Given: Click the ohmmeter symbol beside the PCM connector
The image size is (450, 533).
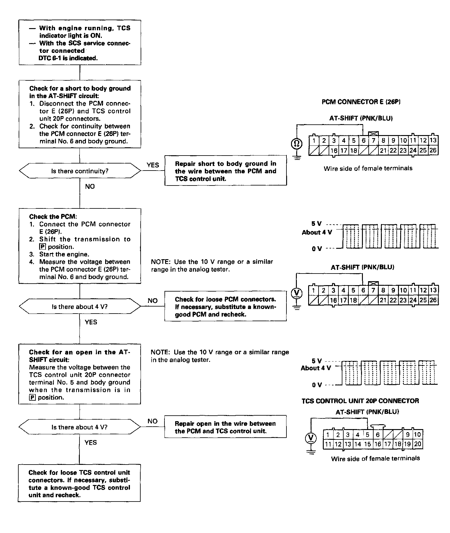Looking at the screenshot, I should point(296,143).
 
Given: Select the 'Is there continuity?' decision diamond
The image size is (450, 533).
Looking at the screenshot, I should point(80,171).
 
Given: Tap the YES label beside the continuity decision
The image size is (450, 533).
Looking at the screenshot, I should point(153,165).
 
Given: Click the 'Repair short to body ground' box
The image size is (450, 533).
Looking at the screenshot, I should point(226,171).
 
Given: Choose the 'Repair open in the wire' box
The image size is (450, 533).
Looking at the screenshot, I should point(226,427).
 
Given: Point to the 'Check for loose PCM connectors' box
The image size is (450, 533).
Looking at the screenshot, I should point(226,307).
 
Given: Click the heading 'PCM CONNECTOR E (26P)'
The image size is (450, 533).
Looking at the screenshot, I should point(361,102).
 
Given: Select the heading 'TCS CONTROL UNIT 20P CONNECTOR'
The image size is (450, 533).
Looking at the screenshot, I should point(360,401).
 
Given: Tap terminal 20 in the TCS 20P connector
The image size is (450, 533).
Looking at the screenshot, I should point(418,444).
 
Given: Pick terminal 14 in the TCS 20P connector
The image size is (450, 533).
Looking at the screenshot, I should point(357,444).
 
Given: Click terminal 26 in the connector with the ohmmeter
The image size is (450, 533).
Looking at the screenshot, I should point(433,150).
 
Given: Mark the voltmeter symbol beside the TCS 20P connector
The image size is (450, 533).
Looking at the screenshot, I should point(311,438).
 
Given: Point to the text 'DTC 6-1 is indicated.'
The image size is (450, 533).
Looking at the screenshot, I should point(68,58).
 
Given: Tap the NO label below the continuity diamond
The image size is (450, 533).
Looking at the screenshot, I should point(90,186).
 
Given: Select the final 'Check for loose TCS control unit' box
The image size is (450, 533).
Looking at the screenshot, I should point(79,483).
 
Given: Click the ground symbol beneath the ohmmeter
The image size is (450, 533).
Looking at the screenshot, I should point(296,157).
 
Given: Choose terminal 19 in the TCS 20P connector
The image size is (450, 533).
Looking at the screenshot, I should point(408,444).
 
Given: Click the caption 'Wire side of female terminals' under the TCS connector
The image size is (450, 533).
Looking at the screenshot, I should point(375,458).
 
